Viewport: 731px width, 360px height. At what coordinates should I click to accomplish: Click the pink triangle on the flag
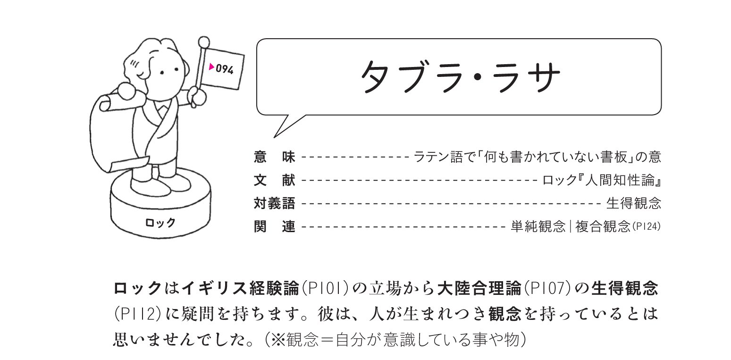212,67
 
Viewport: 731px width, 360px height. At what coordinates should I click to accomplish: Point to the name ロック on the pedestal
160,222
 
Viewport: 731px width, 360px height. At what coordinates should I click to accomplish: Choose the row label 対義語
274,203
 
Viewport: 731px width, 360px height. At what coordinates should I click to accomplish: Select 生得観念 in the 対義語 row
634,203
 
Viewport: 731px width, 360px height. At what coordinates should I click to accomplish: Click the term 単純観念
538,227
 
